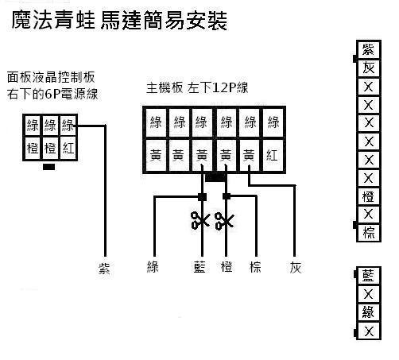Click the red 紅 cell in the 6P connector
tap(68, 149)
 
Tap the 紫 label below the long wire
tap(104, 268)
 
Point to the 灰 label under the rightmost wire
tap(296, 268)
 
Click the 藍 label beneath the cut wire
tap(199, 267)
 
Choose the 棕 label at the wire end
tap(255, 267)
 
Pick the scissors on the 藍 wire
tap(200, 220)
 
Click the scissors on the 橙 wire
tap(224, 220)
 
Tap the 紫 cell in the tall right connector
tap(369, 50)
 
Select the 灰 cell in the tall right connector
tap(369, 68)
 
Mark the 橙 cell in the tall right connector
tap(369, 196)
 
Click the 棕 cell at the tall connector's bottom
tap(369, 233)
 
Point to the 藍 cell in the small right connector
tap(369, 276)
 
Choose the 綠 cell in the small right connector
tap(369, 312)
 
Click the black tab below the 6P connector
tap(49, 167)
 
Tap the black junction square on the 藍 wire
tap(203, 197)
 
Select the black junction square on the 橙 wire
tap(227, 196)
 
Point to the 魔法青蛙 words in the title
tap(53, 20)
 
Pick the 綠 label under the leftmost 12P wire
tap(153, 267)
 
